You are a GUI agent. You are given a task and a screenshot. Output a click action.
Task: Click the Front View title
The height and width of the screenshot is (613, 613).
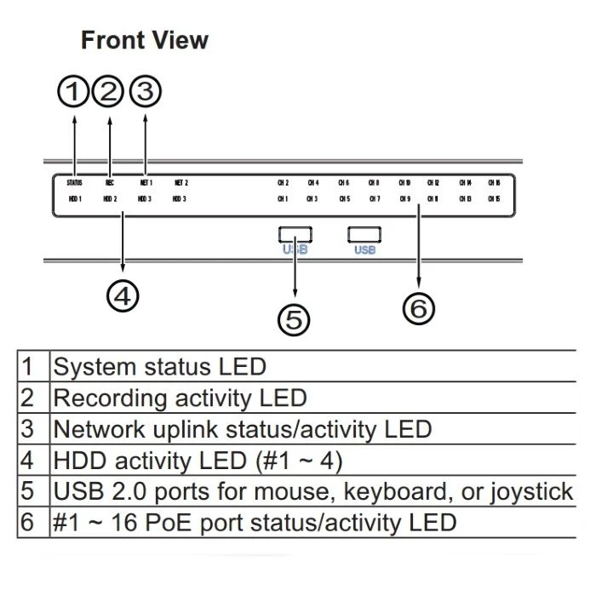coord(144,40)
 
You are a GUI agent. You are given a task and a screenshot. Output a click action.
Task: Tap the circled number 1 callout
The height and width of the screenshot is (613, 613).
coord(74,91)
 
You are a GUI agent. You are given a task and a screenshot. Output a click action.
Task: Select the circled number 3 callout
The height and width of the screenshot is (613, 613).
coord(146,91)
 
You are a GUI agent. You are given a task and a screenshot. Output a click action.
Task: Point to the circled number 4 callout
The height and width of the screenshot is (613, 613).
coord(123,295)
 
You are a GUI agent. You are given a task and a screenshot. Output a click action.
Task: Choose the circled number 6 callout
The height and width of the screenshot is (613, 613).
coord(418,309)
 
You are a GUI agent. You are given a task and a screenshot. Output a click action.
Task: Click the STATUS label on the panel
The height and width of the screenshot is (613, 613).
coord(74,182)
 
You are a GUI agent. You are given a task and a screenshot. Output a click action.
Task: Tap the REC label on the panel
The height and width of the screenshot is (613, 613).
coord(110,182)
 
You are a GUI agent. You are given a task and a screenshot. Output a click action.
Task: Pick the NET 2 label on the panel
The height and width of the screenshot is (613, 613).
coord(180,182)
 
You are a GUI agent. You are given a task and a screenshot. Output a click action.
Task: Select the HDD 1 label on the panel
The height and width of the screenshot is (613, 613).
coord(74,199)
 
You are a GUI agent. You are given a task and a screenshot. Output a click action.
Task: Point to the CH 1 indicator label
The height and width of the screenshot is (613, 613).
coord(283,199)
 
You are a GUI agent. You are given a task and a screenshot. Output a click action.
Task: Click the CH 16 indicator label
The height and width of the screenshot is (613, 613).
coord(494,182)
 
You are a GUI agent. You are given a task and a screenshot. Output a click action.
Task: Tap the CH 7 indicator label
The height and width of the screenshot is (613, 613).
coord(374,199)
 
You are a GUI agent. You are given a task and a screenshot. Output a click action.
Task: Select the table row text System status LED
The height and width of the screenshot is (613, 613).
coord(159,367)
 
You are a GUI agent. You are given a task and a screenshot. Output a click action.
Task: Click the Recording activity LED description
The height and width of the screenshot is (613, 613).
coord(180,398)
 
